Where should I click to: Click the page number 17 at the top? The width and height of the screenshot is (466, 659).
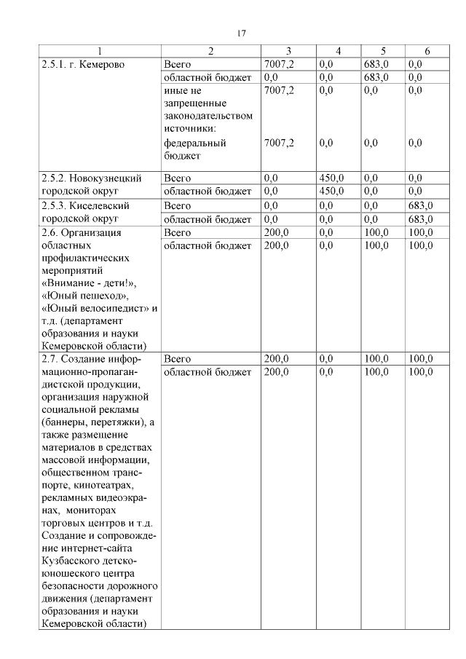point(242,33)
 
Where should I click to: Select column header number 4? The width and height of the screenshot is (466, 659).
point(338,51)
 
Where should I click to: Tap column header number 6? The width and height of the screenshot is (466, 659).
point(427,51)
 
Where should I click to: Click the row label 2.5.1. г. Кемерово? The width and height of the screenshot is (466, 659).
point(83,64)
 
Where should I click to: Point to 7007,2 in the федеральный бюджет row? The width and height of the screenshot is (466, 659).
point(279,143)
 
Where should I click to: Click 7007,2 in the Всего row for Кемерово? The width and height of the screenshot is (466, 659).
point(279,64)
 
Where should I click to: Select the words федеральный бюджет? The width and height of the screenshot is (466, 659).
point(194,149)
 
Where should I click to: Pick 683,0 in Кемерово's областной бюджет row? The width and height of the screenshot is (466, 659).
point(376,76)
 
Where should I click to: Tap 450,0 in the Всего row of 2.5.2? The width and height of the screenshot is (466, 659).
point(331,178)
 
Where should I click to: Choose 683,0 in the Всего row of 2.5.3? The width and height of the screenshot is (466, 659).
point(421,206)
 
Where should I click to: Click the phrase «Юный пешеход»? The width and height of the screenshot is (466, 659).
point(85,296)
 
